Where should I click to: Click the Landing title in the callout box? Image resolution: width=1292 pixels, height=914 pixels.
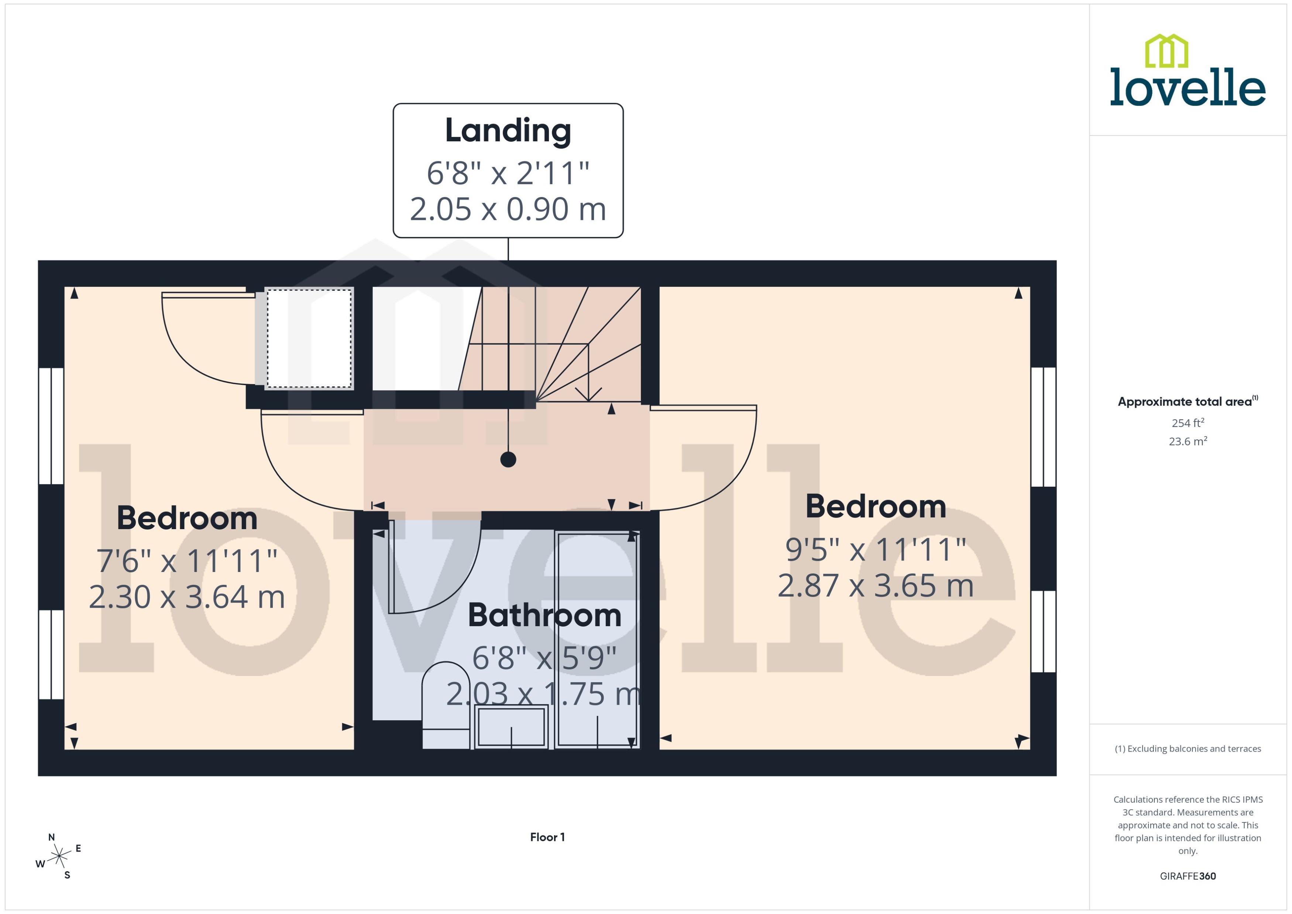[x=508, y=131]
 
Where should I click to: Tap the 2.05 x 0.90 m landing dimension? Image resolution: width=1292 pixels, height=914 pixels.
[x=508, y=209]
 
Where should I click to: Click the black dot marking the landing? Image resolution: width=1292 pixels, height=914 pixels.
[x=508, y=460]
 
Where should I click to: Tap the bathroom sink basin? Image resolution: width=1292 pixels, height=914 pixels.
[x=511, y=727]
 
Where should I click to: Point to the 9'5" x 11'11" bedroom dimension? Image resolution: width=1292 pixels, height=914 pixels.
[x=875, y=550]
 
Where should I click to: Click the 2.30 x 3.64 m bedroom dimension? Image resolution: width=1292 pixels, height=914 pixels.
[x=187, y=597]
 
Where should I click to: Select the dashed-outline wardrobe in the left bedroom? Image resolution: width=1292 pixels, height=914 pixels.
[x=309, y=339]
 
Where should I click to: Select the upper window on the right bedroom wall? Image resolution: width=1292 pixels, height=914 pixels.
[x=1043, y=427]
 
